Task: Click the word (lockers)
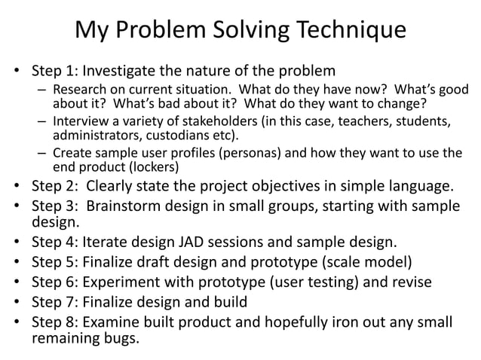(155, 166)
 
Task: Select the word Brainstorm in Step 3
(124, 205)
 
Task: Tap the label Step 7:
(55, 301)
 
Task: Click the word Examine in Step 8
(115, 321)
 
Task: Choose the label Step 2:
(55, 185)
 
